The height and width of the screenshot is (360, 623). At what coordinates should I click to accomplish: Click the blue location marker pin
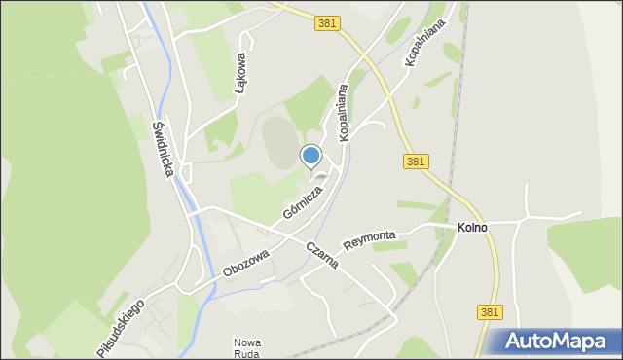click(x=311, y=156)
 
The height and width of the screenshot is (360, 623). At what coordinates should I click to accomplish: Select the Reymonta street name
click(x=369, y=237)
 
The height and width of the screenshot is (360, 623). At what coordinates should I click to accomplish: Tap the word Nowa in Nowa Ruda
click(x=247, y=342)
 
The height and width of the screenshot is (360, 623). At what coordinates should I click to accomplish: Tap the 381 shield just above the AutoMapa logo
click(x=491, y=312)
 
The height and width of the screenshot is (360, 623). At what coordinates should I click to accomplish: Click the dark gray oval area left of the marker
click(x=277, y=142)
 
